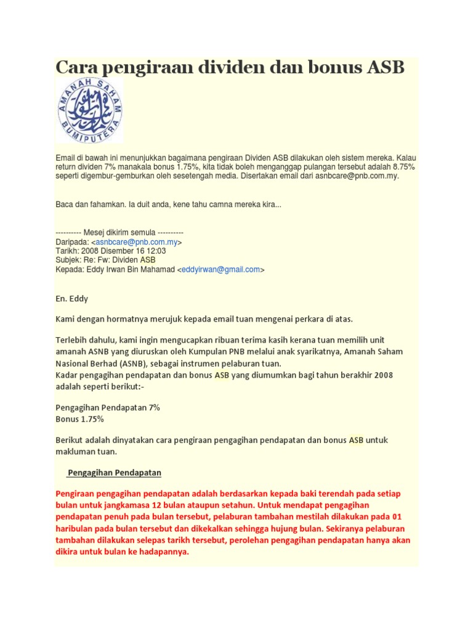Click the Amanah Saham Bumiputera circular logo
pos(90,110)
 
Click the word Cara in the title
pos(77,68)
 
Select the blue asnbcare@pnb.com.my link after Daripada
pos(136,242)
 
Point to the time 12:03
pos(155,251)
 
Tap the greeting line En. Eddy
pos(72,298)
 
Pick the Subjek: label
pos(70,260)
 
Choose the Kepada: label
pos(70,269)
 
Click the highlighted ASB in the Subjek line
pos(148,260)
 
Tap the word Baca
pos(65,204)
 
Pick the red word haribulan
pos(77,529)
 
